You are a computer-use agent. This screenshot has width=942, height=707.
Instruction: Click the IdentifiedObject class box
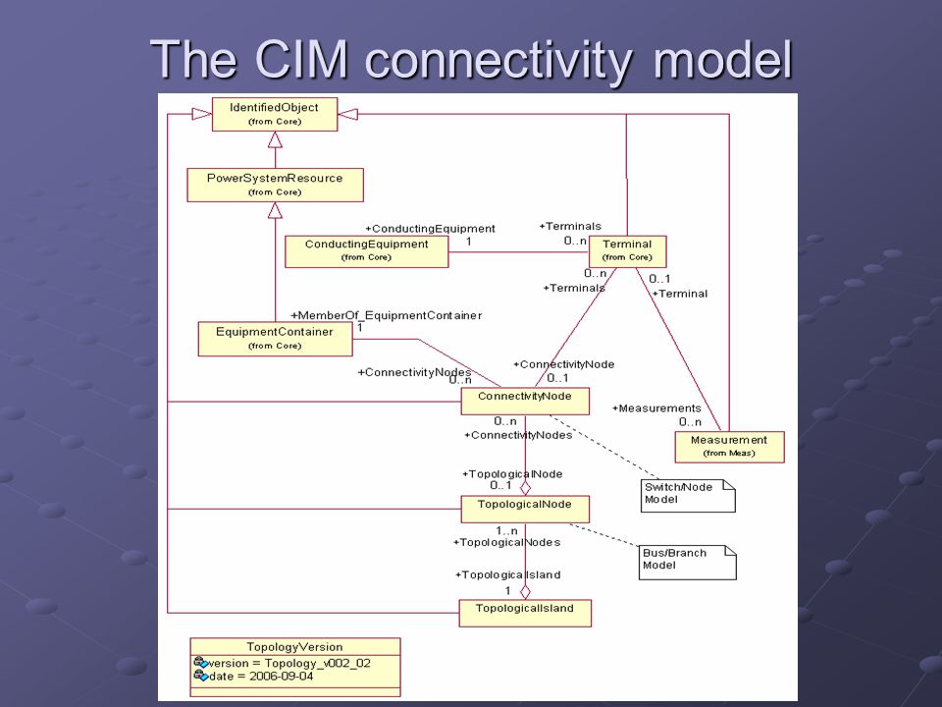pyautogui.click(x=275, y=114)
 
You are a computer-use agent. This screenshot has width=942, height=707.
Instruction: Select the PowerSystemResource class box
pyautogui.click(x=275, y=186)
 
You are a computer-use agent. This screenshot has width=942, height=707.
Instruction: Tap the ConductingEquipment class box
pyautogui.click(x=366, y=251)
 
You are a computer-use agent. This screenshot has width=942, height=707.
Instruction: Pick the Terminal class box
pyautogui.click(x=627, y=251)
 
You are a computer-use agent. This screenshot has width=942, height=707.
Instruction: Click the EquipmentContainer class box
pyautogui.click(x=275, y=339)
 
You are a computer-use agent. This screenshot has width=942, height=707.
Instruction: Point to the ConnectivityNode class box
pyautogui.click(x=525, y=401)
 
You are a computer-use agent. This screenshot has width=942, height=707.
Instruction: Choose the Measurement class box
pyautogui.click(x=729, y=448)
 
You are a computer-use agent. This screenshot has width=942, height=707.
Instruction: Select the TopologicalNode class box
pyautogui.click(x=525, y=510)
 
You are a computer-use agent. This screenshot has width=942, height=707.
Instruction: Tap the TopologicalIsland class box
pyautogui.click(x=525, y=613)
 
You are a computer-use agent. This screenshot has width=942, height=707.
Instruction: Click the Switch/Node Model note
pyautogui.click(x=688, y=496)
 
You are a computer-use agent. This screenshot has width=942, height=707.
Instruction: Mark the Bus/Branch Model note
pyautogui.click(x=687, y=562)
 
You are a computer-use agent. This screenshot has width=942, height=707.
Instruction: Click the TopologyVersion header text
pyautogui.click(x=294, y=647)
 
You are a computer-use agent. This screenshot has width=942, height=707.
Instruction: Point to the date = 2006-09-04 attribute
pyautogui.click(x=252, y=677)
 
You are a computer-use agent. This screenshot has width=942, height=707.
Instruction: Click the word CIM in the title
pyautogui.click(x=301, y=59)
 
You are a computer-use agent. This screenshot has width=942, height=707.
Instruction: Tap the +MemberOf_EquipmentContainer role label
pyautogui.click(x=387, y=315)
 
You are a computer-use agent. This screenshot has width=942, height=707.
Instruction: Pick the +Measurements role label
pyautogui.click(x=656, y=408)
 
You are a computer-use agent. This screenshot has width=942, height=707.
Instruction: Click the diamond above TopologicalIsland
pyautogui.click(x=525, y=591)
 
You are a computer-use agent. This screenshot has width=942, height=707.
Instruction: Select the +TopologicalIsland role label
pyautogui.click(x=508, y=574)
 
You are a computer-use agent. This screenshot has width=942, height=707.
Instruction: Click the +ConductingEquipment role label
pyautogui.click(x=430, y=229)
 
